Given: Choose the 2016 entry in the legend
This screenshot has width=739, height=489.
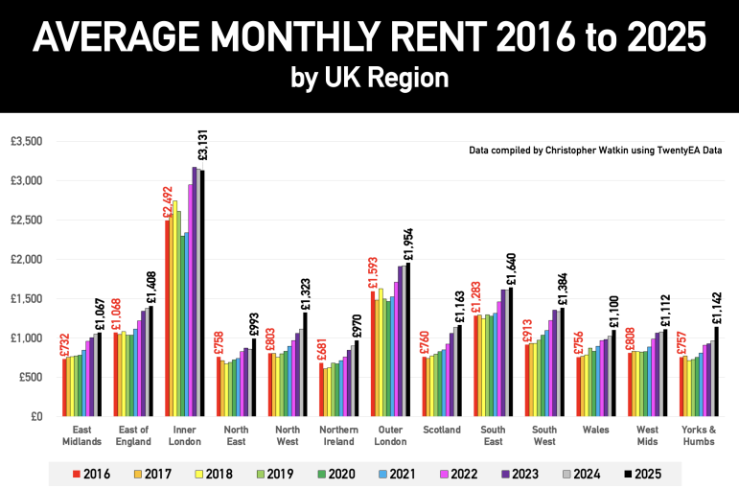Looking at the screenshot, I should [92, 473].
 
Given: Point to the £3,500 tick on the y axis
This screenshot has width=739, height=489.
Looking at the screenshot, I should [27, 141].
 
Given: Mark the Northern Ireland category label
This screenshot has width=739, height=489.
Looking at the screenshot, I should [340, 436].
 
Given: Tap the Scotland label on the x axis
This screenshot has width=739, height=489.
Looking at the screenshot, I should [443, 431].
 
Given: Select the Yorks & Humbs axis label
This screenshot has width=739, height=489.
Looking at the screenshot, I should [700, 436].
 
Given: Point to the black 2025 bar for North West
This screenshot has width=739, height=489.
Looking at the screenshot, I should [306, 364].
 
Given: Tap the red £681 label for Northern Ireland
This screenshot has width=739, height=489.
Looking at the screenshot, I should [321, 346].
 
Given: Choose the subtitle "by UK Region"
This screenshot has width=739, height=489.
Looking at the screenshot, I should [369, 78].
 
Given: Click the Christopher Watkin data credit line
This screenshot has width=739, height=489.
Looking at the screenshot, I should [595, 151].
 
